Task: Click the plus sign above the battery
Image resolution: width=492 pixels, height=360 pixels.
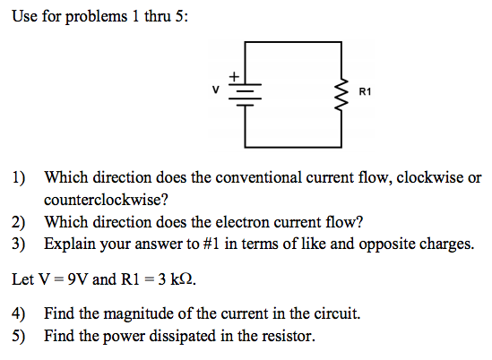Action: tap(234, 76)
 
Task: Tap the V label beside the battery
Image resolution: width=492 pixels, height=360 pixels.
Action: tap(215, 90)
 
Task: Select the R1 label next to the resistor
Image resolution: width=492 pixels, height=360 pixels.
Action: tap(365, 92)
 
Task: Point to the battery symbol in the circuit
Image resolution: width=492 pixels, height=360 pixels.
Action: tap(245, 95)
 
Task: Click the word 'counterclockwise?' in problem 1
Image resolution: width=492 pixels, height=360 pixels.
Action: tap(106, 200)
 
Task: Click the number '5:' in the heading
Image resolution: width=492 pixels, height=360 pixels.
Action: tap(182, 16)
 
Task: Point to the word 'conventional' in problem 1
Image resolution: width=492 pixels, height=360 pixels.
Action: tap(259, 178)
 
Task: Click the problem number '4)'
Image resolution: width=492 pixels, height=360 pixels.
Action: tap(19, 314)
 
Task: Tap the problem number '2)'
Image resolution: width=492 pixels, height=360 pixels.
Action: tap(19, 222)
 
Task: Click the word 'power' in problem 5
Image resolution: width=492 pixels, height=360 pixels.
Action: tap(124, 337)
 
